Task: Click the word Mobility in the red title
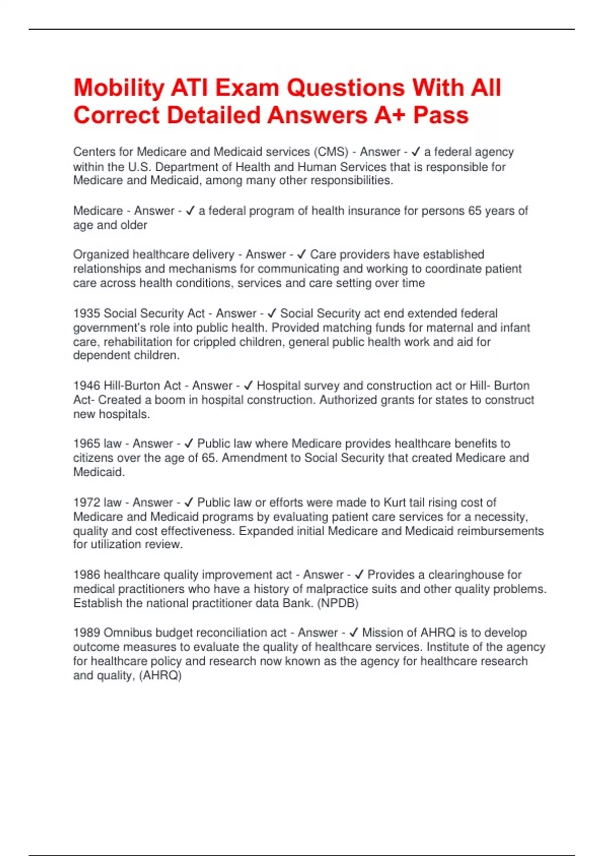pos(119,89)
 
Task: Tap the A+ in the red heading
pos(389,115)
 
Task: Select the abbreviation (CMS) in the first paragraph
pos(331,152)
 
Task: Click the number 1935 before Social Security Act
pos(87,313)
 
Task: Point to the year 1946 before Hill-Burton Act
pos(87,386)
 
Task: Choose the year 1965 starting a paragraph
pos(87,444)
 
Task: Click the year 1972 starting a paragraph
pos(87,503)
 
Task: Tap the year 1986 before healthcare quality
pos(87,575)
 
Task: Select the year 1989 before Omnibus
pos(87,632)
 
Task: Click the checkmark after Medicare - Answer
pos(190,210)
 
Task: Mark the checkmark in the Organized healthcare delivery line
pos(301,254)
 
